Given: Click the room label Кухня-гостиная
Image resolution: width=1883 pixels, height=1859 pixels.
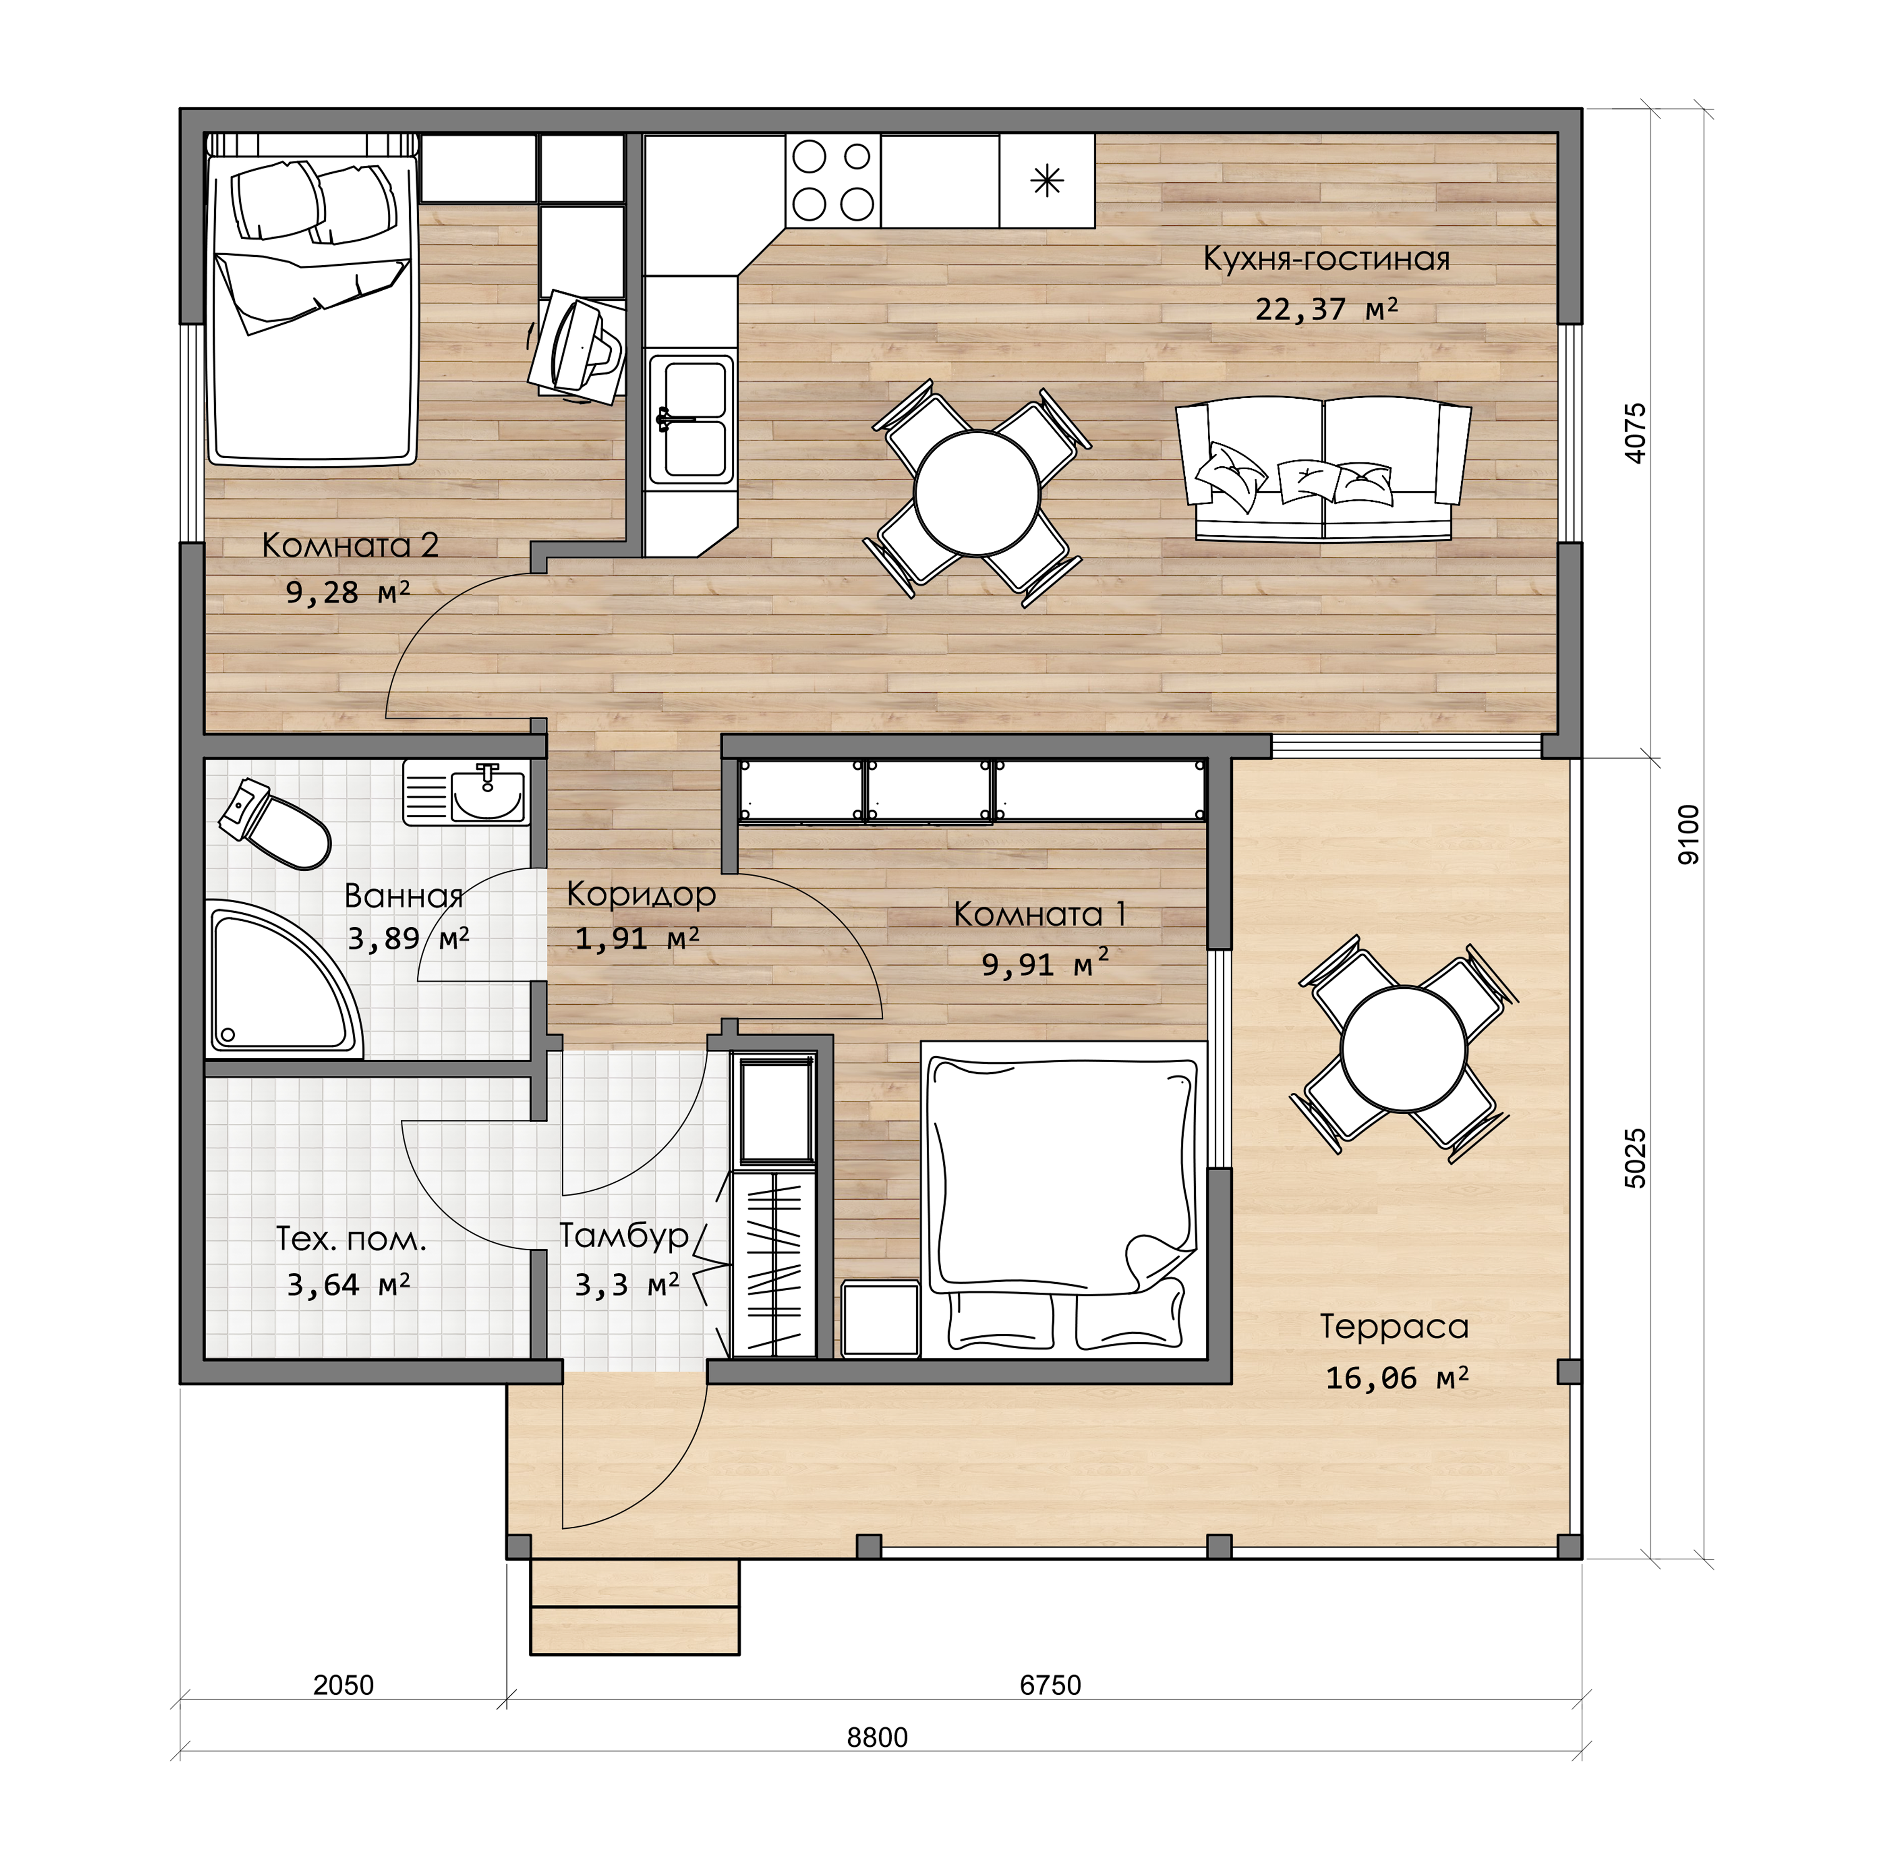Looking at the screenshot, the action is tap(1327, 259).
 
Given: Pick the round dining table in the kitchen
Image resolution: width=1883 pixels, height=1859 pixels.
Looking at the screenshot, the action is tap(977, 493).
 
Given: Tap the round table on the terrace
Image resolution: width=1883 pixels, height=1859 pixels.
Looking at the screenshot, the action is tap(1404, 1049).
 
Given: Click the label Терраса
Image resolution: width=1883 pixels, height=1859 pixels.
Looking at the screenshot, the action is tap(1394, 1327).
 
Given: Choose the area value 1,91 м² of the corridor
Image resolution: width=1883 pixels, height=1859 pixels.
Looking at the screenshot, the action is tap(637, 939).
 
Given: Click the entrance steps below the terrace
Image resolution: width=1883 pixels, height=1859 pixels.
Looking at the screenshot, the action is tap(635, 1605).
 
